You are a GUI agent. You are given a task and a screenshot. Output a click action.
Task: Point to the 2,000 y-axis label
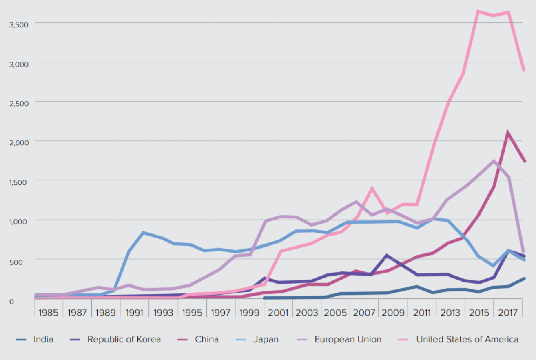(18, 142)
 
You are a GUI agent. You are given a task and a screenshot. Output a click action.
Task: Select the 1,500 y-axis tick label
(18, 182)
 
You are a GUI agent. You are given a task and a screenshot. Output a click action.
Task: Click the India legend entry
(43, 339)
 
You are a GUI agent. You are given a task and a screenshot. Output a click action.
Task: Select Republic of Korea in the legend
(124, 339)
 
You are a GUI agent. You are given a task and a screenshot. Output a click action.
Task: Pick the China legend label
(206, 339)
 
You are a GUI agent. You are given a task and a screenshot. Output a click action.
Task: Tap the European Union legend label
(348, 339)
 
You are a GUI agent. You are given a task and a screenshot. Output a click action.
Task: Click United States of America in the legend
(467, 339)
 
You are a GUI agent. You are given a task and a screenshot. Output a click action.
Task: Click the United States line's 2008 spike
(372, 188)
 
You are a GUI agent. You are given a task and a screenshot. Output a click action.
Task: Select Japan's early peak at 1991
(143, 233)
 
